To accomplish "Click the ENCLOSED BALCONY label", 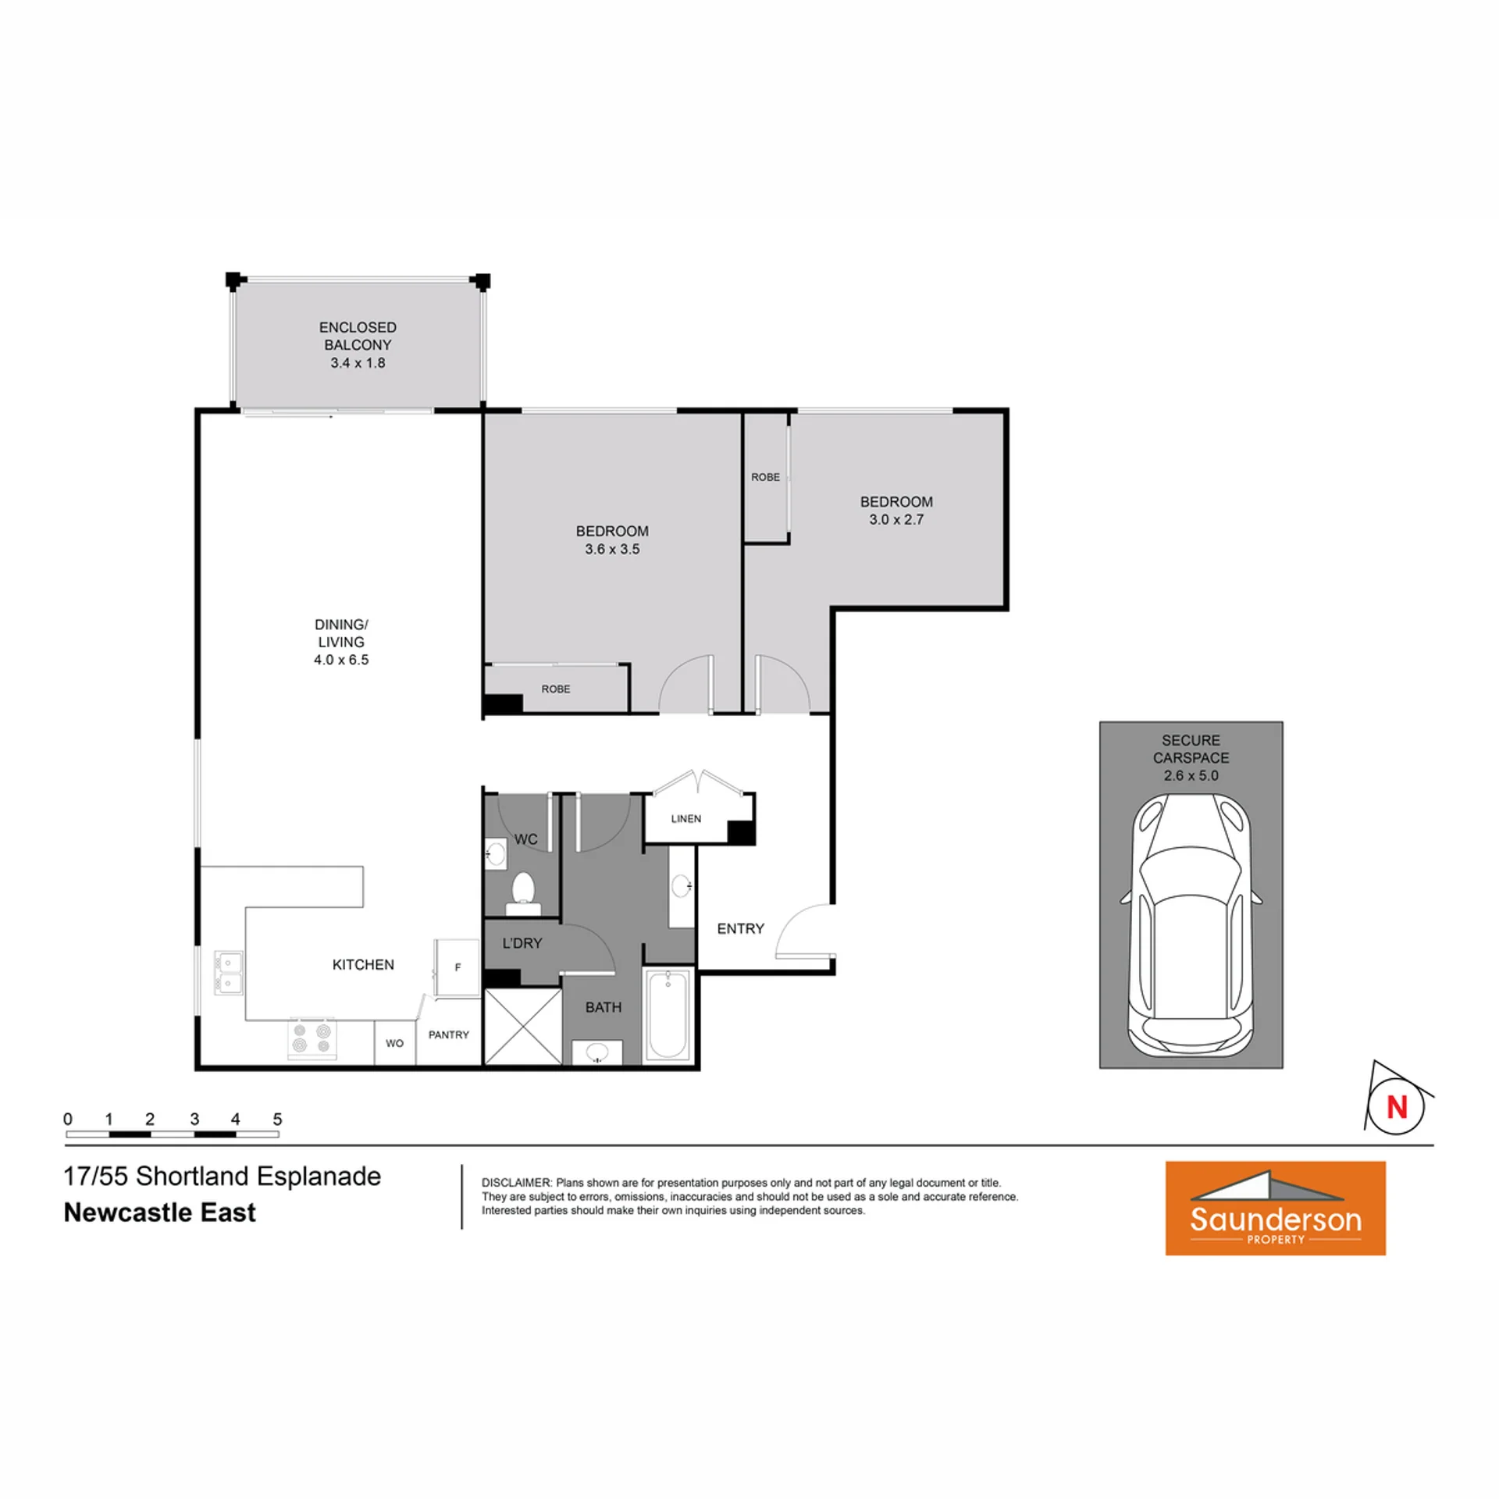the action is [358, 336].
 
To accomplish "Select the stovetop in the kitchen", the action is [312, 1038].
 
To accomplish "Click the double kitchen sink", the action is [228, 972].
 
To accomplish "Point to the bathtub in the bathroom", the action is [668, 1014].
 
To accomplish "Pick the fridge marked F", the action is [457, 968].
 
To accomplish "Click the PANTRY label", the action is [449, 1034].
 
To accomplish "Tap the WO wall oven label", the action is [394, 1043].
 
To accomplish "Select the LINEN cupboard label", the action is [686, 818].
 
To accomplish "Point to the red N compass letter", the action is [1397, 1106].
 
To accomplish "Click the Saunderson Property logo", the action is [1275, 1208].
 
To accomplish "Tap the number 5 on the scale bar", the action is [277, 1119].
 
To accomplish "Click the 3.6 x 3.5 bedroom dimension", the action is [612, 549].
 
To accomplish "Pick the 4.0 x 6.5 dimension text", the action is [341, 660].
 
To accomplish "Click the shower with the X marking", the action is [523, 1026].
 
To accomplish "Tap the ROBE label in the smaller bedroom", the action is [765, 477].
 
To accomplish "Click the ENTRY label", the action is [740, 928].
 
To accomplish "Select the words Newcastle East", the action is [159, 1212].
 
